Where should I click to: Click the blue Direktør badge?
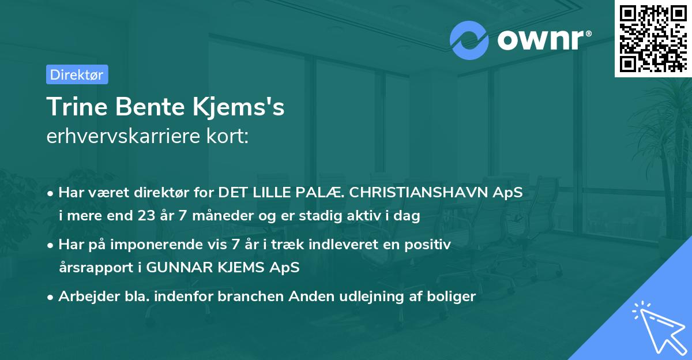coord(77,74)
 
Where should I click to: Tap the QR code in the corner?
coord(653,39)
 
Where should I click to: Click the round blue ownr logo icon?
coord(469,40)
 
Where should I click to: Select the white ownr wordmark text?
coord(544,40)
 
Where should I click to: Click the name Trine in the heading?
coord(77,107)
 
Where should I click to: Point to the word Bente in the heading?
coord(150,107)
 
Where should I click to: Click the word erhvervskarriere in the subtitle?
coord(123,136)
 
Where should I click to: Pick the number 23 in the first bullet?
coord(146,215)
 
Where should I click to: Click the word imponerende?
coord(163,245)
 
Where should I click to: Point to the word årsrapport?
coord(96,268)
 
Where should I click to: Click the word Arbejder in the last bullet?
coord(89,297)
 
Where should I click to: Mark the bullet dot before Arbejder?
coord(50,298)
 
